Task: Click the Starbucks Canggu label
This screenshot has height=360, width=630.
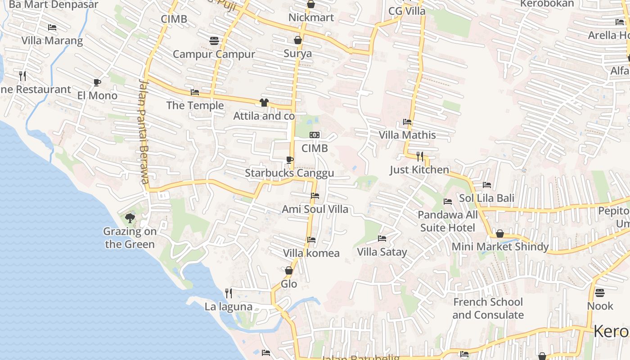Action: pos(289,173)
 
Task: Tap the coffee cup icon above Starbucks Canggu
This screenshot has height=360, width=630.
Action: pos(289,160)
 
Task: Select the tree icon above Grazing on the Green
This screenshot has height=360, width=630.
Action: pos(130,218)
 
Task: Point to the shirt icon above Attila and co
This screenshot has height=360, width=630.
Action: pos(264,103)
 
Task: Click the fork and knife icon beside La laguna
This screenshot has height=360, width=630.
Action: pos(229,293)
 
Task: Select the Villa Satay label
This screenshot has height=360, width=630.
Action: pos(382,252)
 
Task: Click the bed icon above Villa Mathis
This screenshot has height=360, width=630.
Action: pos(407,121)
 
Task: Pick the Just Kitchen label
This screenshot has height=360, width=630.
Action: pos(419,170)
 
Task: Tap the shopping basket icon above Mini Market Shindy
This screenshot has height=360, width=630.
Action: pos(499,234)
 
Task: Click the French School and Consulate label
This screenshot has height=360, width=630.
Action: pos(488,308)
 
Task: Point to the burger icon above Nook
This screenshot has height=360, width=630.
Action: pos(600,293)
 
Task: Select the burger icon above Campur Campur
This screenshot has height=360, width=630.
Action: pos(214,41)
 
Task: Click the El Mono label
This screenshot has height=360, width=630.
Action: pos(97,95)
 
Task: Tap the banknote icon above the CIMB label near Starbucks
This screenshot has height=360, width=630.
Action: pos(315,135)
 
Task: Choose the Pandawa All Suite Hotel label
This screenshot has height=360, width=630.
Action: pos(448,221)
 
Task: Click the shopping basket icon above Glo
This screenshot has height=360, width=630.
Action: pos(289,270)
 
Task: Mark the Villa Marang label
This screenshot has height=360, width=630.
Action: pos(52,40)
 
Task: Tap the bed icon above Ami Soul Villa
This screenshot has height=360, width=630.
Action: pos(315,196)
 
